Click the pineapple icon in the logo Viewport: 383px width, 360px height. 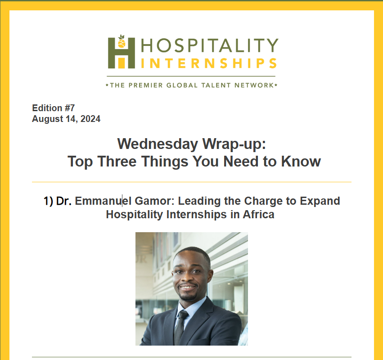(122, 41)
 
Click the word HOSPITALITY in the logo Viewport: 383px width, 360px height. (210, 45)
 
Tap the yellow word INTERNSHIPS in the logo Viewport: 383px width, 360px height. (209, 63)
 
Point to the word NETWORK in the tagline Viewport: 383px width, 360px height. (254, 85)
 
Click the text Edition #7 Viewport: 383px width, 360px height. (53, 108)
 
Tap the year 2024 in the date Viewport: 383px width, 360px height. (90, 119)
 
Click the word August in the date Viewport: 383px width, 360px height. (48, 119)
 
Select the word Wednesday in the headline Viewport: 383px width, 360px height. (158, 144)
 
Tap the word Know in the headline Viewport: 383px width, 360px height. (301, 162)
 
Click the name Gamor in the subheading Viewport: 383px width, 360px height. (154, 201)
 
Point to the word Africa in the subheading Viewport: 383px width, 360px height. (258, 215)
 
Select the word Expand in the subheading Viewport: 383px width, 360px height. (320, 202)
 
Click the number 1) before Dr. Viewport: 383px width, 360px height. (48, 201)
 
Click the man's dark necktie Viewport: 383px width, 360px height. (180, 327)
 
